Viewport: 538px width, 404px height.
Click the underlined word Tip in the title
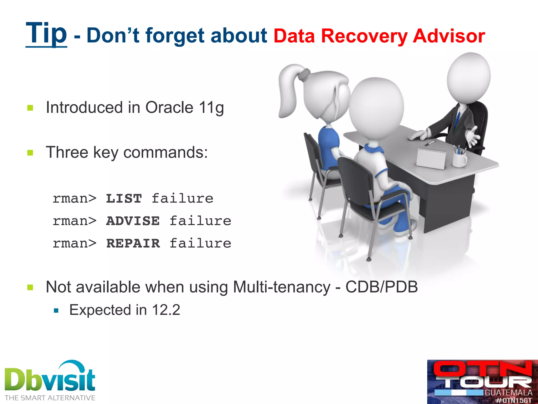46,34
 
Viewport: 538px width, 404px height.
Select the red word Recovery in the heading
364,36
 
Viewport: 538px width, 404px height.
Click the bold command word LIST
124,199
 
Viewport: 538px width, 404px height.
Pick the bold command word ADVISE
133,221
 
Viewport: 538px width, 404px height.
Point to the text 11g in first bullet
211,108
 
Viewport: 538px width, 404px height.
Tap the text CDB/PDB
381,287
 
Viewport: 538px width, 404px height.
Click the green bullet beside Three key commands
30,153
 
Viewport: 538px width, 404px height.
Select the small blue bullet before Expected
56,311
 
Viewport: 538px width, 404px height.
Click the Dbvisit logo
50,379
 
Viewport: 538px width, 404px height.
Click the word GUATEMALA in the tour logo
508,393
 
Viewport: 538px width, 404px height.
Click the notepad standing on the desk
431,159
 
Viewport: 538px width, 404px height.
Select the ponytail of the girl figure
289,89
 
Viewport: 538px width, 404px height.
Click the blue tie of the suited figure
457,120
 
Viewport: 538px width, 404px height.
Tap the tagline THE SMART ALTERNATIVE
50,398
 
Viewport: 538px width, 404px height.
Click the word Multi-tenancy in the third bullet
281,287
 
